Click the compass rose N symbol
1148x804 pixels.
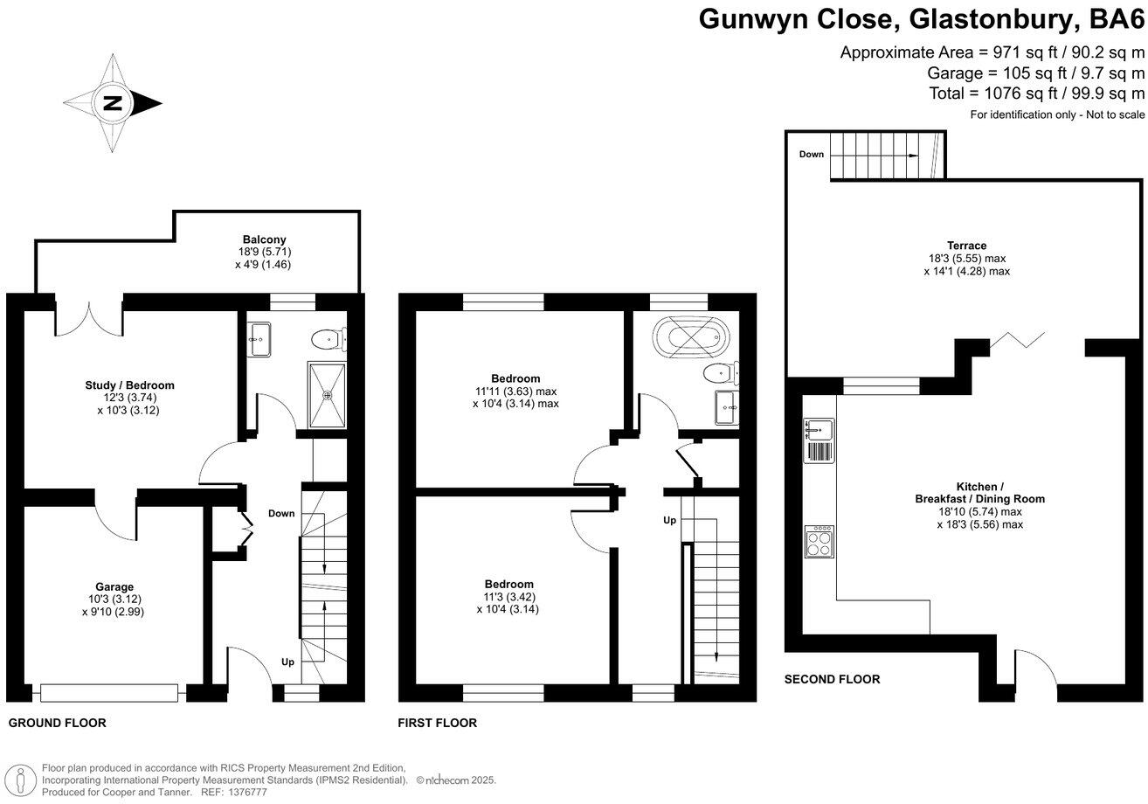coord(113,103)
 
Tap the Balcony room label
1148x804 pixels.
coord(264,239)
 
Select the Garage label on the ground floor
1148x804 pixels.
coord(114,586)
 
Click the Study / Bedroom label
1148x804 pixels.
coord(129,385)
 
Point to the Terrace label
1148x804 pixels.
coord(966,246)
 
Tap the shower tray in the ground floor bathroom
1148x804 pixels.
coord(328,396)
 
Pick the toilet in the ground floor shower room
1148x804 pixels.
coord(328,336)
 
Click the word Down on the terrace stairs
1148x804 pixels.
coord(812,155)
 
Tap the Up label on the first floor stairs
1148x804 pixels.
coord(669,520)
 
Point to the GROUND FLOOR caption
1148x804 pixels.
coord(57,723)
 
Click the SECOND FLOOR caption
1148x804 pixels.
coord(832,679)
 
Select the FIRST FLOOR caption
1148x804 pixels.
coord(437,723)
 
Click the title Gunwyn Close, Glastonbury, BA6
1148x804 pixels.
coord(921,18)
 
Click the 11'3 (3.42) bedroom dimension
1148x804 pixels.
coord(509,597)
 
